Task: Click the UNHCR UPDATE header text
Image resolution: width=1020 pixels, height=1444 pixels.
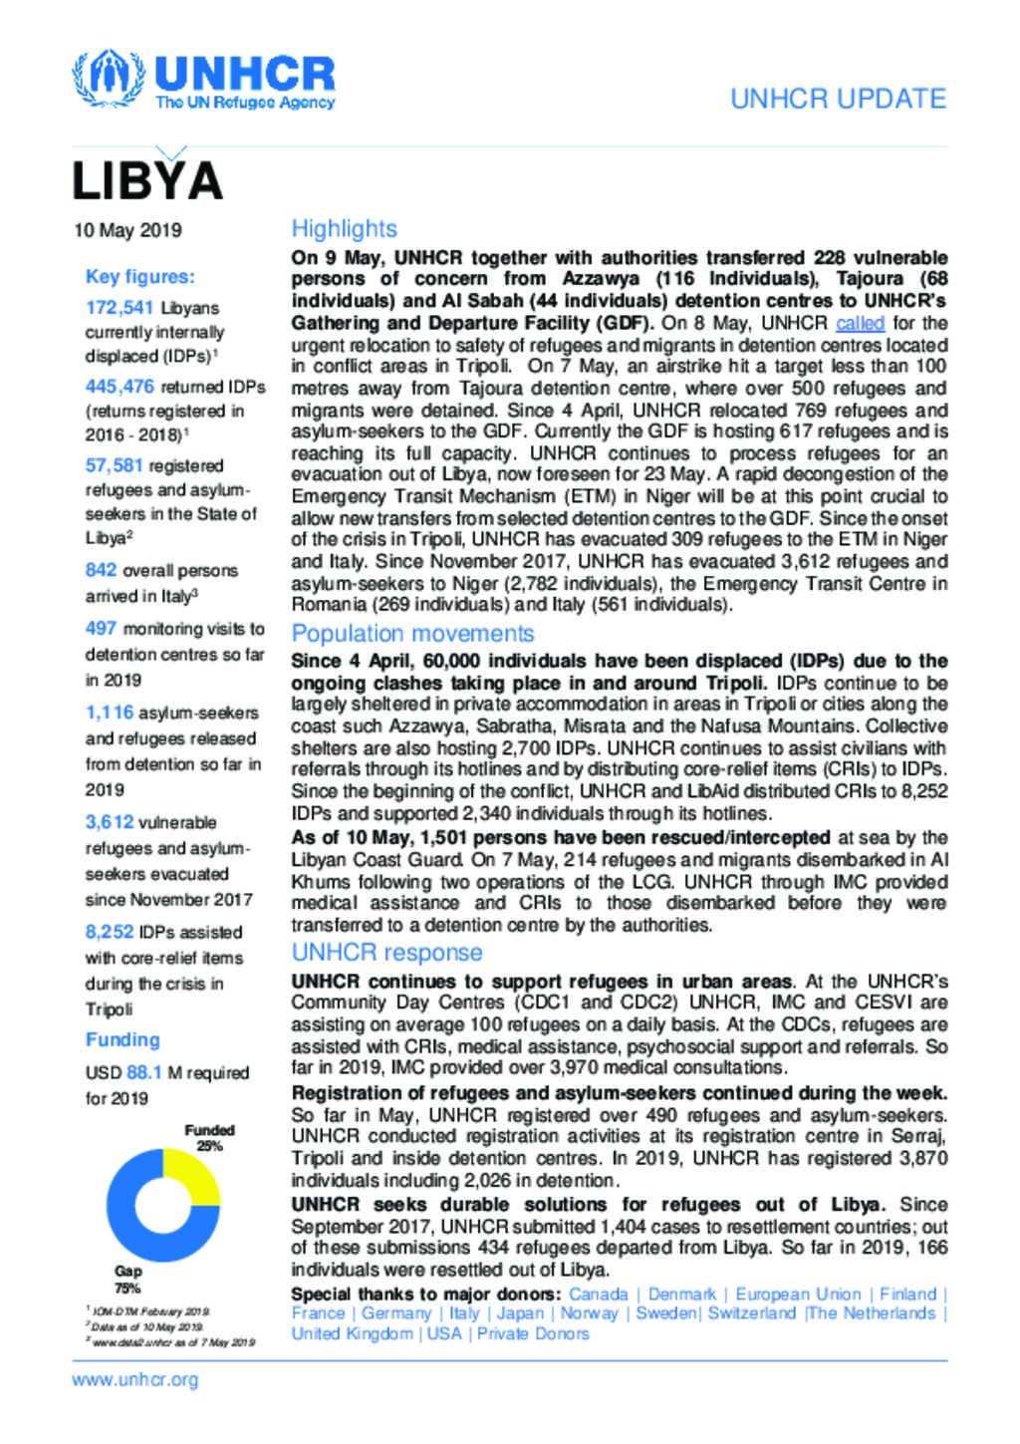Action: coord(838,99)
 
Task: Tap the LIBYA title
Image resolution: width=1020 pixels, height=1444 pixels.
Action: coord(146,180)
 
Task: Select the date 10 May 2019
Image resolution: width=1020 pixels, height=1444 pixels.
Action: coord(127,230)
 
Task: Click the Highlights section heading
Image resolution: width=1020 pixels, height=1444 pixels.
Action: coord(344,229)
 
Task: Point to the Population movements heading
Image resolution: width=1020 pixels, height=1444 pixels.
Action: coord(412,634)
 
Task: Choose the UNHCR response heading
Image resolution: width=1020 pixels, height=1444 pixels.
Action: coord(386,953)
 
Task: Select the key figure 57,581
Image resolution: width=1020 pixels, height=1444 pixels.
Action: coord(114,464)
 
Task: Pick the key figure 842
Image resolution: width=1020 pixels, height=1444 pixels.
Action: coord(101,570)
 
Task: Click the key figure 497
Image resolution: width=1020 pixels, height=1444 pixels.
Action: coord(101,629)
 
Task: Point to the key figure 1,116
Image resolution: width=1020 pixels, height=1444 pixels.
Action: coord(110,713)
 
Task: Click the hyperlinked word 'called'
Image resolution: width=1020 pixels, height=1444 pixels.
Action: coord(860,324)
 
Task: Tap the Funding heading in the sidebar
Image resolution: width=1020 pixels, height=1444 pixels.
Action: coord(123,1039)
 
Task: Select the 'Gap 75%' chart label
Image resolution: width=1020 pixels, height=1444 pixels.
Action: coord(127,1280)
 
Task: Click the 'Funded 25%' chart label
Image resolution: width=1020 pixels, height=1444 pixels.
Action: coord(209,1138)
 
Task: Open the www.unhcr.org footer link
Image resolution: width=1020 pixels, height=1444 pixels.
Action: coord(135,1380)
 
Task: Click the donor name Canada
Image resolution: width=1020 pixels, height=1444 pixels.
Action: coord(598,1295)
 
